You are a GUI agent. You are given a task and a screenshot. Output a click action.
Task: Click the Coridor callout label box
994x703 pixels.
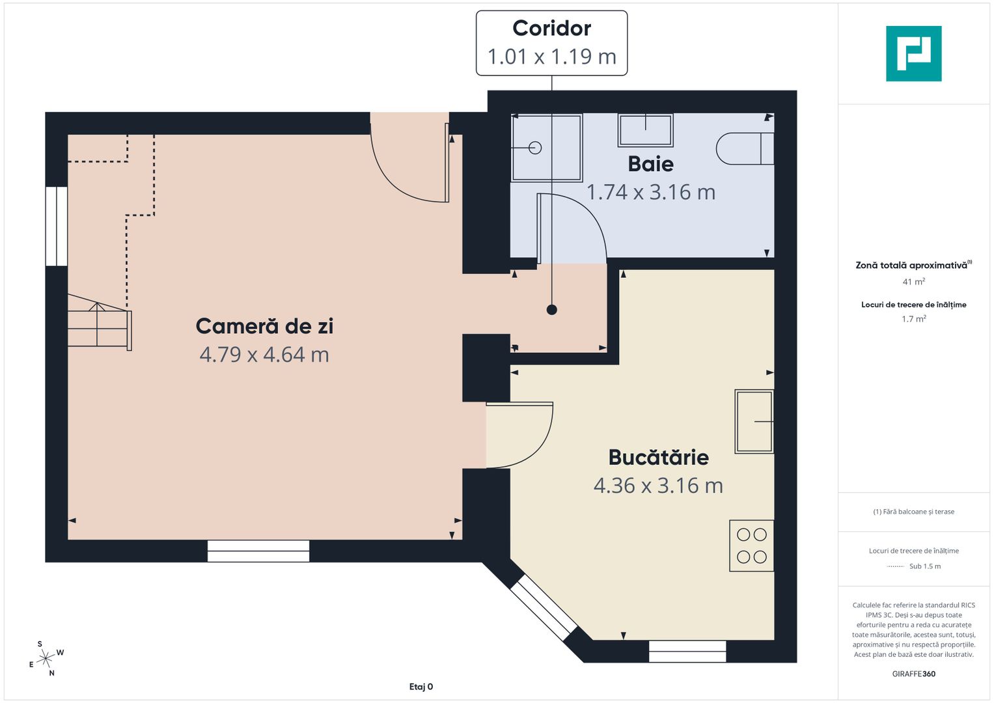click(551, 43)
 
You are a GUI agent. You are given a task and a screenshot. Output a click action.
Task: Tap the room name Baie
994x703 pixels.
click(650, 164)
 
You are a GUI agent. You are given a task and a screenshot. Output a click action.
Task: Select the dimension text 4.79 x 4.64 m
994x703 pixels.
click(264, 355)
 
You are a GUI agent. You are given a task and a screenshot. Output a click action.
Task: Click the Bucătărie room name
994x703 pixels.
click(658, 458)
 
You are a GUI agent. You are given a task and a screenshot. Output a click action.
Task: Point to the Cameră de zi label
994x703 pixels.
click(264, 326)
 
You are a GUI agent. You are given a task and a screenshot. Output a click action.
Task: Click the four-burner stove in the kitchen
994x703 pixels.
click(751, 545)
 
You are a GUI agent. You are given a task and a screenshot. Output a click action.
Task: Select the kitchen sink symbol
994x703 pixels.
click(754, 421)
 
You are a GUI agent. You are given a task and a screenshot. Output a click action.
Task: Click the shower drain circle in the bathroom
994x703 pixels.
click(535, 148)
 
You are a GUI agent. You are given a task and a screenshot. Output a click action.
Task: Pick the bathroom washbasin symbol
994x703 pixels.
click(645, 130)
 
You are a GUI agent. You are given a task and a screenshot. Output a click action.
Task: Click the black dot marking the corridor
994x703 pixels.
click(551, 310)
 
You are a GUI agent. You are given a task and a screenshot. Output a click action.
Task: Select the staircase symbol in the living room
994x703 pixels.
click(99, 327)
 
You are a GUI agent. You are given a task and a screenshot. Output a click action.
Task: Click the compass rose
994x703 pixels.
click(46, 659)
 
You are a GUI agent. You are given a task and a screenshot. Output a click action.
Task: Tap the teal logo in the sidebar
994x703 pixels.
click(913, 53)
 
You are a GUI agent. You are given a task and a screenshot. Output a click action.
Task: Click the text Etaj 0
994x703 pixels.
click(421, 687)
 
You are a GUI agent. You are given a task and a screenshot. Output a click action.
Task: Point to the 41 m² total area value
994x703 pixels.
click(913, 282)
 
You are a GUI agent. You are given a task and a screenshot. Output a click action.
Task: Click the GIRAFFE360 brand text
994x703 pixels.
click(913, 674)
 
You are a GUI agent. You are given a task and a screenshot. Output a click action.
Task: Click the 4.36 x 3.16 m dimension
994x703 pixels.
click(658, 486)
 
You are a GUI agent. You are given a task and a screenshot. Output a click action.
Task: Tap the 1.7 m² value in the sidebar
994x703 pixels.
click(913, 319)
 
